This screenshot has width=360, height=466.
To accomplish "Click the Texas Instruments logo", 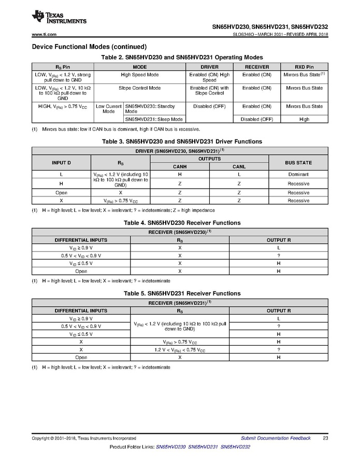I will pyautogui.click(x=59, y=17).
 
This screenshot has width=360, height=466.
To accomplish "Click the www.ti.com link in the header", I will pyautogui.click(x=44, y=34).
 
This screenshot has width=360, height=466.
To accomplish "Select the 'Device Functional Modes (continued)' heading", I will pyautogui.click(x=89, y=47).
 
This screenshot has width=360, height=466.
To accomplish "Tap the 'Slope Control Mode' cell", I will pyautogui.click(x=140, y=88).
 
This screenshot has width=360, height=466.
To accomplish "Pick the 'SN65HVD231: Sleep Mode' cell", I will pyautogui.click(x=154, y=119).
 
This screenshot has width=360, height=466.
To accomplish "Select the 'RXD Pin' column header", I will pyautogui.click(x=304, y=67).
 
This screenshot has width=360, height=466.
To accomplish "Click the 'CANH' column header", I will pyautogui.click(x=180, y=167).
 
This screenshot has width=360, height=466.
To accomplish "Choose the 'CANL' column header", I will pyautogui.click(x=239, y=167).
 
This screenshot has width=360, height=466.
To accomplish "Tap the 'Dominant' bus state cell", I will pyautogui.click(x=298, y=175).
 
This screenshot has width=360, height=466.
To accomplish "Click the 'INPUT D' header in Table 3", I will pyautogui.click(x=62, y=163).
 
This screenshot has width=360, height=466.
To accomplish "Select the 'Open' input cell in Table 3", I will pyautogui.click(x=62, y=192).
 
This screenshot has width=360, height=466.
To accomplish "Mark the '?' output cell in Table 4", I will pyautogui.click(x=278, y=256).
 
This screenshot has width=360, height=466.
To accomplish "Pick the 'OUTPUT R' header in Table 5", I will pyautogui.click(x=278, y=311).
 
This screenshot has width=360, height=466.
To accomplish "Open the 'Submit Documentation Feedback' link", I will pyautogui.click(x=276, y=438).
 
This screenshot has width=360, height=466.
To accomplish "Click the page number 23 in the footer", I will pyautogui.click(x=325, y=438).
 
